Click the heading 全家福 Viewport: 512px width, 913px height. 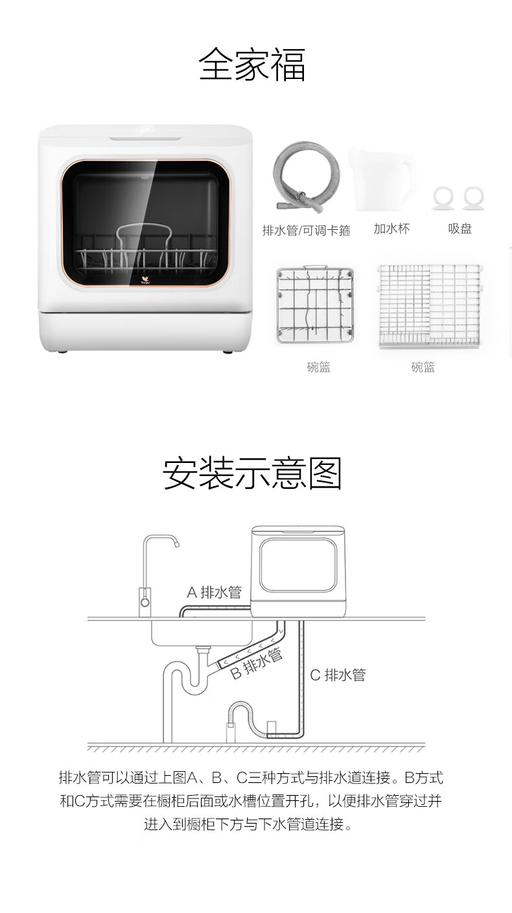pos(252,65)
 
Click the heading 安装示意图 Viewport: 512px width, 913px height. pos(252,473)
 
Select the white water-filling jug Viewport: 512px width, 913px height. pos(382,180)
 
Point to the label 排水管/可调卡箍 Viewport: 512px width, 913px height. pos(307,231)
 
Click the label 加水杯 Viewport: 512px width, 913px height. pos(391,229)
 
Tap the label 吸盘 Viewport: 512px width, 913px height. pos(460,229)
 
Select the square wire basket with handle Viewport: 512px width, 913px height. pos(314,304)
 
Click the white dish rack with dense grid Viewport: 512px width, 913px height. pos(429,306)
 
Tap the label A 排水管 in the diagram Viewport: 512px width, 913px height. pos(214,592)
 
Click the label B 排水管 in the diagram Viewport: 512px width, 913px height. pos(256,664)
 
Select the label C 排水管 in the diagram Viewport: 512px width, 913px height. pos(338,675)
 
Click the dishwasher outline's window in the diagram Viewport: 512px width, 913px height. pos(299,565)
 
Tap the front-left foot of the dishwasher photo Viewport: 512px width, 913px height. pos(62,352)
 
